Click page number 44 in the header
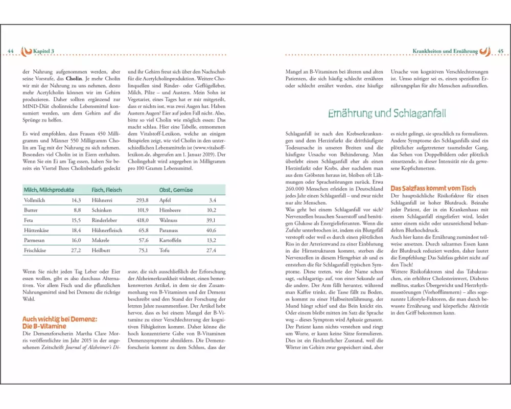(x=10, y=51)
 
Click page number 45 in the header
(x=501, y=51)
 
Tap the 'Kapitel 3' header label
(x=44, y=51)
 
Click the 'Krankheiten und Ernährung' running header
(x=445, y=51)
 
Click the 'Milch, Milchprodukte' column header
(x=49, y=190)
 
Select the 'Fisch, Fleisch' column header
(x=108, y=190)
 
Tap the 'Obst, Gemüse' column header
(x=176, y=190)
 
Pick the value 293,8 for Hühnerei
(x=141, y=200)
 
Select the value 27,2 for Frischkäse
(x=76, y=251)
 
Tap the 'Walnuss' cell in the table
(x=169, y=220)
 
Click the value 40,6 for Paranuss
(x=211, y=231)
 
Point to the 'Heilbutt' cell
(x=101, y=251)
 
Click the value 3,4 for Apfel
(x=213, y=200)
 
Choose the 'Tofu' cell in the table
(x=165, y=251)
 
